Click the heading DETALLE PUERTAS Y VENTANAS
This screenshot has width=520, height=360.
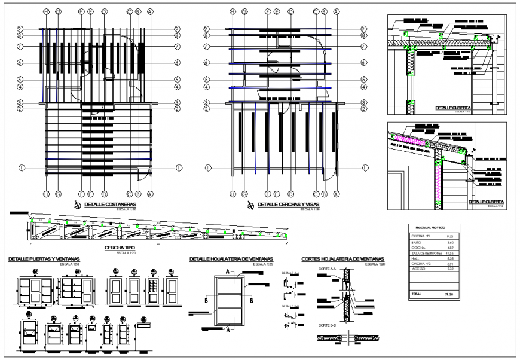point(44,259)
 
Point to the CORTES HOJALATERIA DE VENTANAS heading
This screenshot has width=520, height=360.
point(344,259)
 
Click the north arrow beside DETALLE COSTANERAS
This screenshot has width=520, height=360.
point(77,205)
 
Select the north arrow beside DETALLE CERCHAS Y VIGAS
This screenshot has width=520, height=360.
point(250,205)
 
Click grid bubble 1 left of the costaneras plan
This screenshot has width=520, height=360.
point(22,168)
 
